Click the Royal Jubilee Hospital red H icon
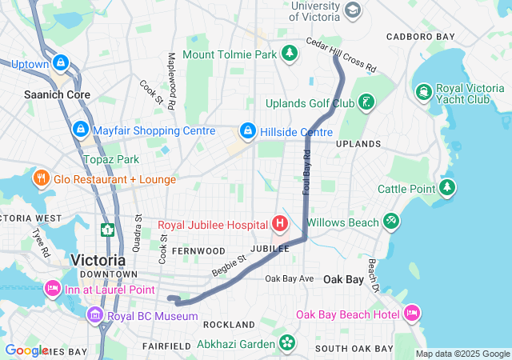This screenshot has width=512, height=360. [x=280, y=222]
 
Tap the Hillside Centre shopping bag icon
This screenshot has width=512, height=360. [x=248, y=131]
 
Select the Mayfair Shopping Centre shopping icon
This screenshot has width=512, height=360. [x=80, y=130]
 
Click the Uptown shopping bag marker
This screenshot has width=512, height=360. [x=60, y=62]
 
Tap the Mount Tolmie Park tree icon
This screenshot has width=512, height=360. [x=289, y=54]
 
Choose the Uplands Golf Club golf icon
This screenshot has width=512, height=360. [x=366, y=103]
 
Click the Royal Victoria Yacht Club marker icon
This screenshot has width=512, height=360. [x=422, y=93]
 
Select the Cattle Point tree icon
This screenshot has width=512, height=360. [x=448, y=189]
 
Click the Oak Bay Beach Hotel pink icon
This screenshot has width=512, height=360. [x=411, y=313]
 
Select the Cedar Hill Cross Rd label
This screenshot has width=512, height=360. [x=342, y=55]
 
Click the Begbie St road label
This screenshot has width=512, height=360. [x=228, y=266]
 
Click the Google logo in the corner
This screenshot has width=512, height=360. [x=26, y=350]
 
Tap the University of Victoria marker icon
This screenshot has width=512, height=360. [x=354, y=10]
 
